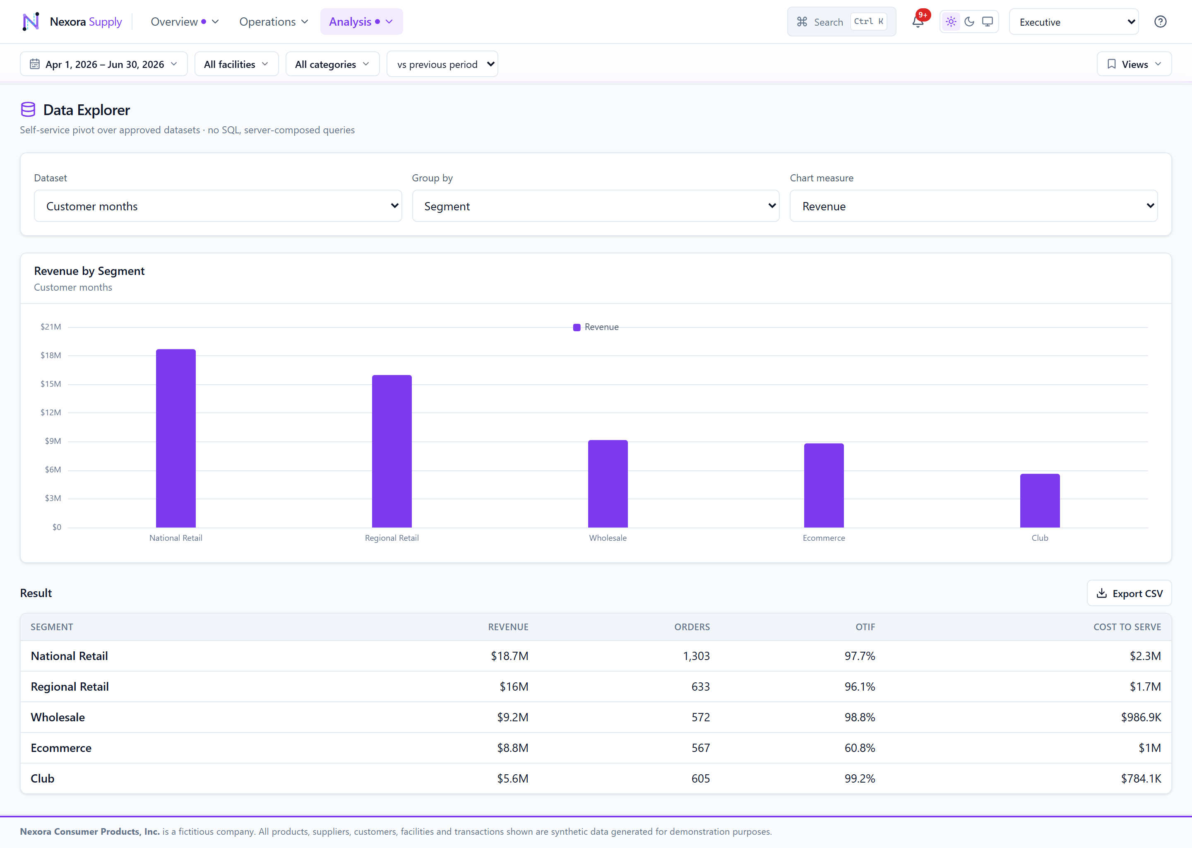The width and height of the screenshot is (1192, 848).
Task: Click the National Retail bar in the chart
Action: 176,438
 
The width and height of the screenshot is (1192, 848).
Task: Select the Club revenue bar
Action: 1040,500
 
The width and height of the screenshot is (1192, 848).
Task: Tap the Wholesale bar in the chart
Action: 608,484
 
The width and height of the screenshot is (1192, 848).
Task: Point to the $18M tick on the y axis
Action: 50,355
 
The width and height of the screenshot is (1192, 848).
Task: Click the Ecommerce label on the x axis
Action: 824,538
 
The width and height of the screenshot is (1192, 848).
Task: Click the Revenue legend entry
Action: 596,327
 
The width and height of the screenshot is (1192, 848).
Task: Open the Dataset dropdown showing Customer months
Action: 218,206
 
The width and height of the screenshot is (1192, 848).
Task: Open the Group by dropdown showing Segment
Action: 596,206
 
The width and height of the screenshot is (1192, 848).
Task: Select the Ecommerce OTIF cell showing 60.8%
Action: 860,748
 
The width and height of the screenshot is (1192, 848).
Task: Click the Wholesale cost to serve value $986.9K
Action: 1141,717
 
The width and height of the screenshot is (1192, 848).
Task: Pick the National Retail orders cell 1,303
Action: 696,656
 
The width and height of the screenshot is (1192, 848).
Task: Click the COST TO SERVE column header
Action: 1127,626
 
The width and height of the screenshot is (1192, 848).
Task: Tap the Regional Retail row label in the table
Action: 70,687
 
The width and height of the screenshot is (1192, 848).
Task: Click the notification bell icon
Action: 918,22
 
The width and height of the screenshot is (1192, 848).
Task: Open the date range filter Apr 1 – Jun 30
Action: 104,64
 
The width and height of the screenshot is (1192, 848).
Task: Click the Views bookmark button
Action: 1134,64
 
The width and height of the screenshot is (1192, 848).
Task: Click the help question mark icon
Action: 1160,22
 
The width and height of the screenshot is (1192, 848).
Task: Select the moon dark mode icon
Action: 969,22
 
